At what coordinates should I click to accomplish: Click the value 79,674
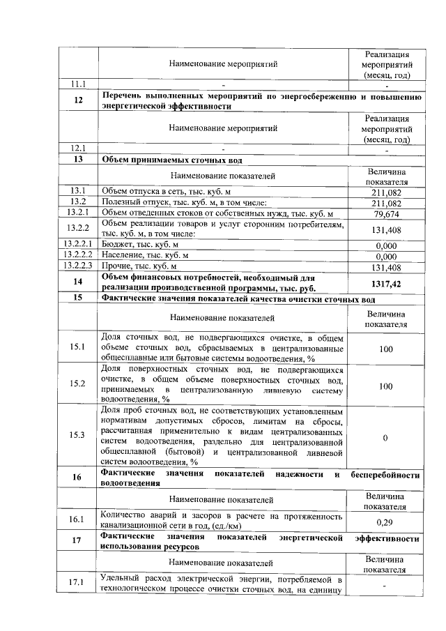[385, 213]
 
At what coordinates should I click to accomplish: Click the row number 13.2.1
[77, 213]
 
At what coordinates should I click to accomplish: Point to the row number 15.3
[77, 435]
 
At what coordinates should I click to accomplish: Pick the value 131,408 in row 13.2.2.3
[385, 267]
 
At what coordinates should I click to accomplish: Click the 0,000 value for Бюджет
[385, 245]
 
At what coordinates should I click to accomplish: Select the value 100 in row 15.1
[385, 348]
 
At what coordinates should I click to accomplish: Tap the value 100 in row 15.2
[385, 385]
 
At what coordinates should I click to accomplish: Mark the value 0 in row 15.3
[385, 436]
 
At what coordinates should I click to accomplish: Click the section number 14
[77, 282]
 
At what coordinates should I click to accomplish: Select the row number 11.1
[77, 84]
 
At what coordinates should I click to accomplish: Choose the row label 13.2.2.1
[77, 245]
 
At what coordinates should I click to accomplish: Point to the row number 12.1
[77, 148]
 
